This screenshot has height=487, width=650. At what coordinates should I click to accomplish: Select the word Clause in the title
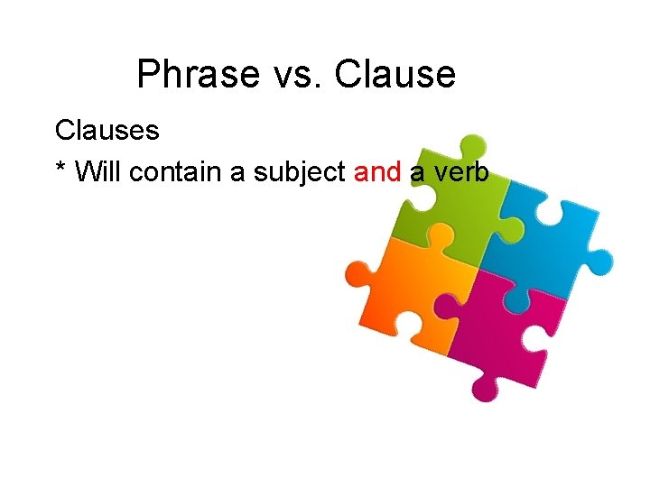click(x=395, y=74)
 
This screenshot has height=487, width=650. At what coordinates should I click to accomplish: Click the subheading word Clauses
click(x=107, y=131)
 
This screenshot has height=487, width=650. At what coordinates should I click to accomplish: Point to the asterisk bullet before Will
click(x=60, y=169)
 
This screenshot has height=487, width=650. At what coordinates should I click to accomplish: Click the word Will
click(x=98, y=171)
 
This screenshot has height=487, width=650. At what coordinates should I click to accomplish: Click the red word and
click(x=377, y=171)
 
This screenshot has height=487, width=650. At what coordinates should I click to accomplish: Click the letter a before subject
click(x=238, y=172)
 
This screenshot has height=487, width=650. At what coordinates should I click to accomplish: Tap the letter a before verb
click(x=417, y=172)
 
